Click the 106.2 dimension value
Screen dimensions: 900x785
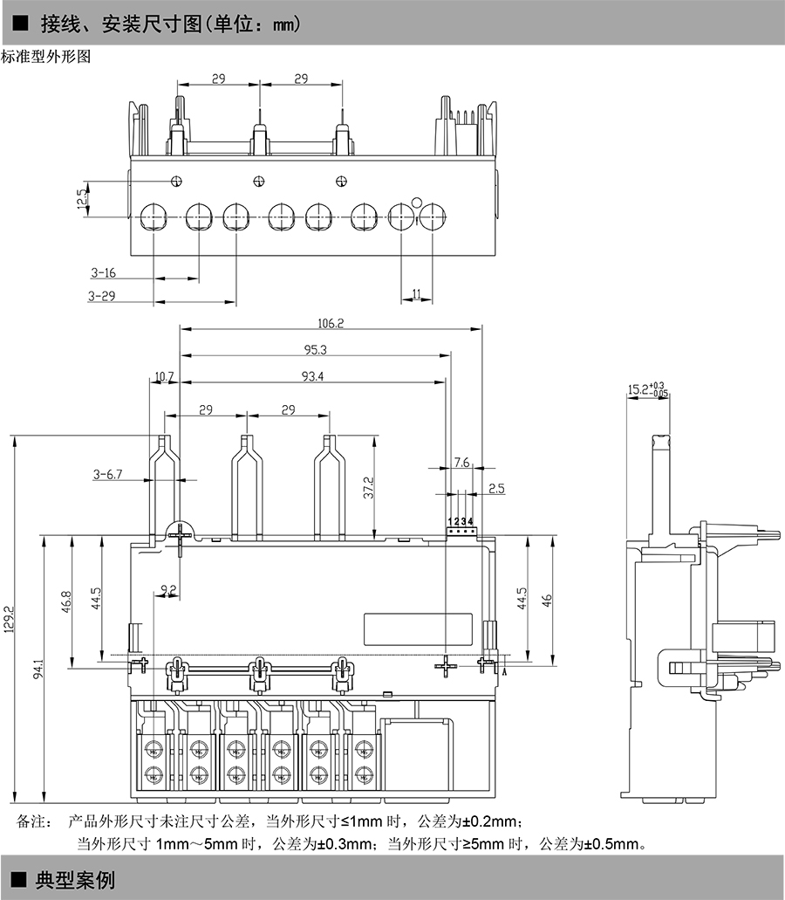(x=331, y=323)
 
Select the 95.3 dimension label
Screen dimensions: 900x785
(x=315, y=350)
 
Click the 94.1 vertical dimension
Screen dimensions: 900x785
(x=38, y=672)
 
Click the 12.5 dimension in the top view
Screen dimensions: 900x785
(x=82, y=199)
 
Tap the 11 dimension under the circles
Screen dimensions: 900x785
(x=416, y=295)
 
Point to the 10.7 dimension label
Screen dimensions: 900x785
(x=164, y=377)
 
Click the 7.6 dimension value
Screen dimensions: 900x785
(x=461, y=462)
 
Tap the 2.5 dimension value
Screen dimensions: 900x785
(x=495, y=489)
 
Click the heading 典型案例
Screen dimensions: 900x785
(x=75, y=879)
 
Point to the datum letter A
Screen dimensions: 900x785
(x=505, y=671)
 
